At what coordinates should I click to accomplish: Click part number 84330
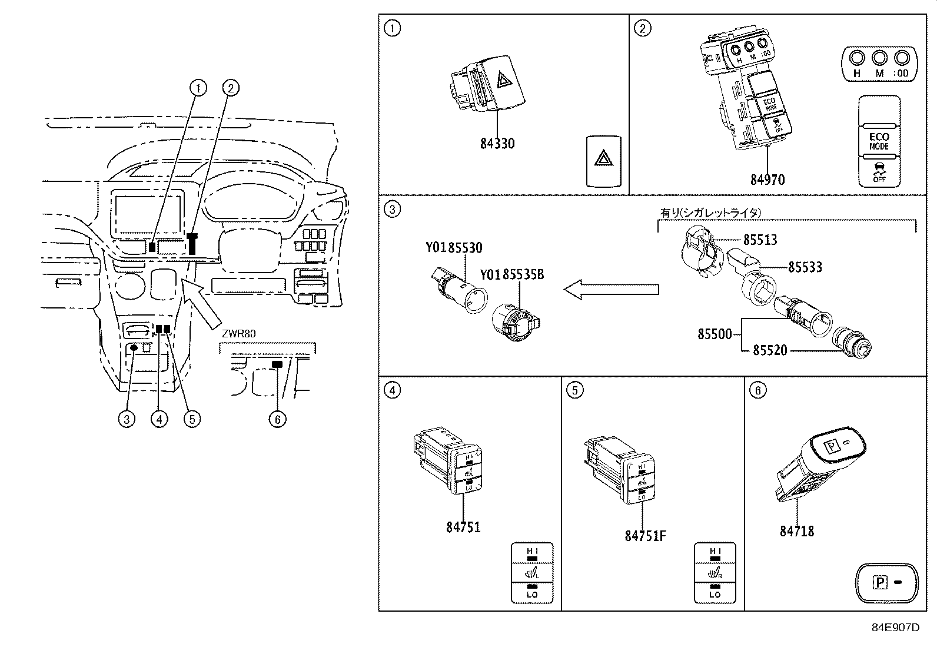[497, 144]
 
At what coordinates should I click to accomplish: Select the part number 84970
[767, 180]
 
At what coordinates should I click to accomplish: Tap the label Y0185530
[454, 248]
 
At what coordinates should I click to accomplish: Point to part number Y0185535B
[511, 274]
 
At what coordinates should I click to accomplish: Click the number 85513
[760, 240]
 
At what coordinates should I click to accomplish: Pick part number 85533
[805, 267]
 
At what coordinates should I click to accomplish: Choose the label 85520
[770, 350]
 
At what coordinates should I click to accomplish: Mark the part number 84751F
[646, 536]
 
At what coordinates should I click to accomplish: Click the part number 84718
[797, 531]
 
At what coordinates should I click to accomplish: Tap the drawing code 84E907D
[895, 627]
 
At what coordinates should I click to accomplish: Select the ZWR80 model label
[239, 334]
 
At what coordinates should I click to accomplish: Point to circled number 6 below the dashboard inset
[277, 419]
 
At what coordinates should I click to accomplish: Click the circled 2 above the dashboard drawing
[230, 88]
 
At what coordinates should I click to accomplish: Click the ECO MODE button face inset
[879, 141]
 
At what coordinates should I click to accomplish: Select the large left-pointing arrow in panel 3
[610, 289]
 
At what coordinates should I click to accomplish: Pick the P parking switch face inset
[886, 583]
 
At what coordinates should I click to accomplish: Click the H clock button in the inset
[856, 58]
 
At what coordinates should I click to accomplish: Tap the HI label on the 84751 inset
[532, 551]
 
